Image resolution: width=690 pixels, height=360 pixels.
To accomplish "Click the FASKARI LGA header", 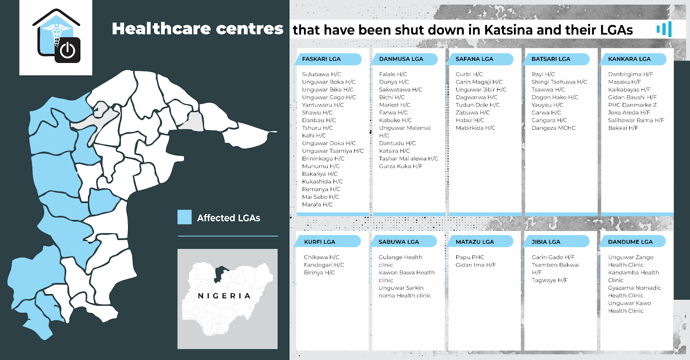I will point(321,59).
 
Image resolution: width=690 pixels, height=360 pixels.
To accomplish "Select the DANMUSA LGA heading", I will point(401,59).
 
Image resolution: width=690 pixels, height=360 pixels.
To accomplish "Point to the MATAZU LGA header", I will point(475,242).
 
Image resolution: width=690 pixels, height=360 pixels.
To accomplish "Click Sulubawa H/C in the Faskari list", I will point(321,74).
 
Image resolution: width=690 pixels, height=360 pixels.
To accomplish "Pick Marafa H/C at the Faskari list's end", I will point(317,204).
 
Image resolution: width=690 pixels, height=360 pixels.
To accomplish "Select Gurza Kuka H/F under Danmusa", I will point(401,166).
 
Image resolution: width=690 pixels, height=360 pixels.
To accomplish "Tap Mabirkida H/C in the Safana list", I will point(475,128).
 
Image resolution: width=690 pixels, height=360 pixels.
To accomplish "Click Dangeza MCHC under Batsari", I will point(553,128).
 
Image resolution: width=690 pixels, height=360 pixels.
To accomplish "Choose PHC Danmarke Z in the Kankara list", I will point(632,105).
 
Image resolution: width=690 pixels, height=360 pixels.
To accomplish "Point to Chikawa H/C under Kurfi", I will point(321,257).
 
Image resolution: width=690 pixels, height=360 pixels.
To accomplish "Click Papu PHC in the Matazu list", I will point(470,257).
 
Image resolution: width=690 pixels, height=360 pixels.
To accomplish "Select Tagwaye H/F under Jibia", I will point(549,280).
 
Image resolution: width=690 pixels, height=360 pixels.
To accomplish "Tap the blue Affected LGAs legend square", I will point(185,217).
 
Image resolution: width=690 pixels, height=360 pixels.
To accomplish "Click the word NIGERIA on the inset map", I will point(224,296).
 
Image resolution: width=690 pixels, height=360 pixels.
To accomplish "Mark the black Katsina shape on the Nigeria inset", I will point(221,273).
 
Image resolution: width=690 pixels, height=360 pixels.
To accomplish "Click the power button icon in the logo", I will point(68,50).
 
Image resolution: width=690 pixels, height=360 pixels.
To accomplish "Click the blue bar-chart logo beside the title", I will point(665,29).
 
